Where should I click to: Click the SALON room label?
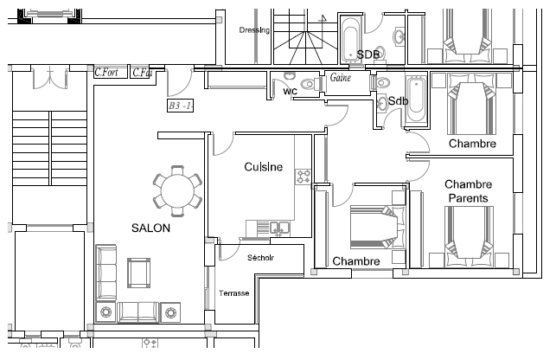(x=150, y=228)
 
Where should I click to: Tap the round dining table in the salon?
(x=177, y=191)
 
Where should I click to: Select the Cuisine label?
(x=264, y=167)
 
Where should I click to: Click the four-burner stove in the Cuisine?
(x=304, y=177)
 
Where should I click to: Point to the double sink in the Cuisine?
(x=280, y=228)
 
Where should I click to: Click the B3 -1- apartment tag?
(x=181, y=106)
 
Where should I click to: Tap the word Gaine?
(x=341, y=77)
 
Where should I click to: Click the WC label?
(x=290, y=92)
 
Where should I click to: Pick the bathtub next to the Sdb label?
(x=416, y=99)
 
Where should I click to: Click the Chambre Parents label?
(x=469, y=191)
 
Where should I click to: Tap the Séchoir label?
(x=260, y=258)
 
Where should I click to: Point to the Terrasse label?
(x=234, y=293)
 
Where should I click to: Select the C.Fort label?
(x=106, y=73)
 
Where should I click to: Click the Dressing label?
(x=254, y=30)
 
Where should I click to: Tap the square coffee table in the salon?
(x=138, y=273)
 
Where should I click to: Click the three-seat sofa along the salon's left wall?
(x=106, y=273)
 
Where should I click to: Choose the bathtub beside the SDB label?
(x=351, y=40)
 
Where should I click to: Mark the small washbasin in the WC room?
(x=290, y=76)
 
